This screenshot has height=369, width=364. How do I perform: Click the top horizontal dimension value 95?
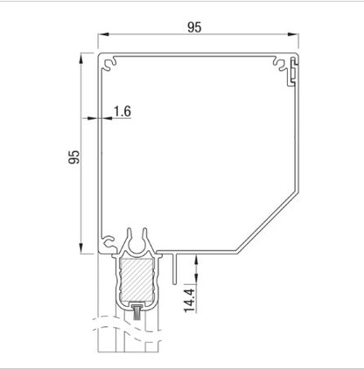tap(194, 27)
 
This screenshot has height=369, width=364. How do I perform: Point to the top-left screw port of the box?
tap(109, 63)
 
